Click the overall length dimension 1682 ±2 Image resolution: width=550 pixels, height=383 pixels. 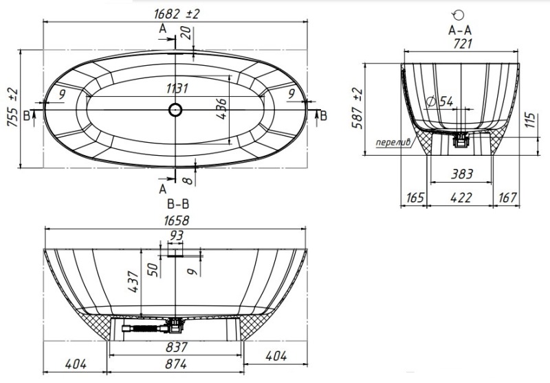click(177, 14)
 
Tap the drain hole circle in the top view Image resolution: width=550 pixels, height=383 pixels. click(175, 110)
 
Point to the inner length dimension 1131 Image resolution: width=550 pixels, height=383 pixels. click(177, 89)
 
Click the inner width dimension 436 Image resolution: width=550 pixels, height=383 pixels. click(221, 109)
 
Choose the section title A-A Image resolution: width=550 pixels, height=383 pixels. click(460, 30)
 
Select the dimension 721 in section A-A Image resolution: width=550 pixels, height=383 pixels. click(462, 44)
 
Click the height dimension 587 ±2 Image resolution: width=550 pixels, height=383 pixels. click(357, 108)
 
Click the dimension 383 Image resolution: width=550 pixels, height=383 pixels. click(461, 174)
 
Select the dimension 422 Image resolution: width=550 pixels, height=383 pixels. click(461, 198)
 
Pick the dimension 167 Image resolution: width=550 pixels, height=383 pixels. click(507, 198)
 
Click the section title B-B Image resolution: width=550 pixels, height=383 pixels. click(178, 204)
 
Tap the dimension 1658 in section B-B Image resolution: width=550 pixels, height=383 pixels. click(177, 220)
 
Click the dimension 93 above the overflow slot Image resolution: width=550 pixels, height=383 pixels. click(176, 235)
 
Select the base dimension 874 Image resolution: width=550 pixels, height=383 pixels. click(176, 364)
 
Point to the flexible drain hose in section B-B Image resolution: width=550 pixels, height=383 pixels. click(145, 328)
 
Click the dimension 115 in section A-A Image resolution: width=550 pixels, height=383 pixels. click(531, 120)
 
